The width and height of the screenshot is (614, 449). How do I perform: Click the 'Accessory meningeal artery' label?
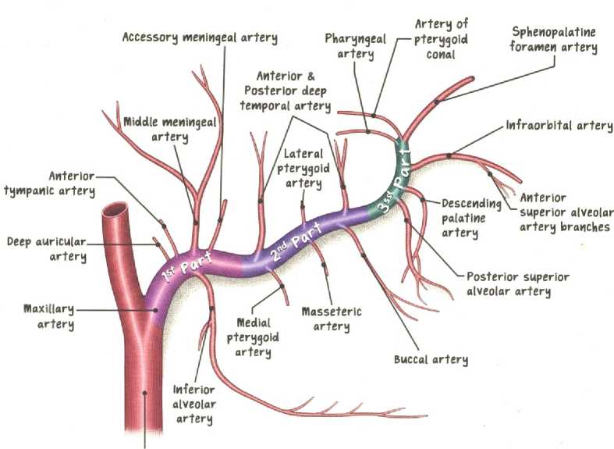(x=200, y=37)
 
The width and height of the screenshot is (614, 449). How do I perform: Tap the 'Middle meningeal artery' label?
(x=170, y=130)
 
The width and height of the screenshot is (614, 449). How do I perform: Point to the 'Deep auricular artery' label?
(x=47, y=249)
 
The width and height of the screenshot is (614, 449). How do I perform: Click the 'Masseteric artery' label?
(x=332, y=319)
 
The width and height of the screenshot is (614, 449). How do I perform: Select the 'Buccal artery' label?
(x=431, y=360)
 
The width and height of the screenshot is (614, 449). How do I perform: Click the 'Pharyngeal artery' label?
(x=356, y=46)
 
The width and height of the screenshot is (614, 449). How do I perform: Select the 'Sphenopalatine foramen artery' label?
(x=554, y=40)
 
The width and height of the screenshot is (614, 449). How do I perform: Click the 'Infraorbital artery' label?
(x=559, y=125)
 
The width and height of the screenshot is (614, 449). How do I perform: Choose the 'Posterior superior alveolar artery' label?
(x=518, y=284)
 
